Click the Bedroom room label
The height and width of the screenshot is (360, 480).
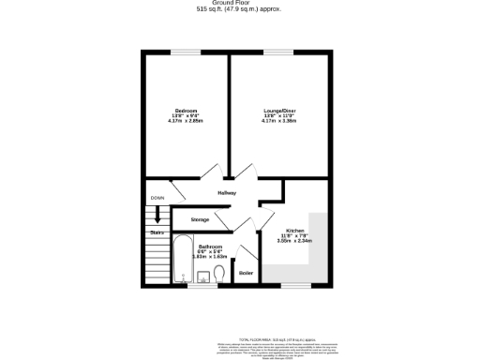point(185,110)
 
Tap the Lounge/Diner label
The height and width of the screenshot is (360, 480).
point(279,110)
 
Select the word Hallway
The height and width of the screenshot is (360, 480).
point(227,192)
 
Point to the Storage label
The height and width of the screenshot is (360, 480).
point(200,219)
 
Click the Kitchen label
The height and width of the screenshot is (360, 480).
point(294,230)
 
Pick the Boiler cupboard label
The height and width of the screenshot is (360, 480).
point(246,273)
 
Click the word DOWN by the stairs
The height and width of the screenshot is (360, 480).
point(157,198)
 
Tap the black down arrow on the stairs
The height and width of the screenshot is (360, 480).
point(157,215)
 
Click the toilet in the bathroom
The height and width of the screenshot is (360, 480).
point(218,273)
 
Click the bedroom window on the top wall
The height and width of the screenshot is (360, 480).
point(185,52)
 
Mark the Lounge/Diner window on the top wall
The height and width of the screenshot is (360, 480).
point(279,52)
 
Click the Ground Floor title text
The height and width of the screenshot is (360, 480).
point(239,3)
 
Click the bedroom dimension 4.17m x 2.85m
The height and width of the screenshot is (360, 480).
point(185,121)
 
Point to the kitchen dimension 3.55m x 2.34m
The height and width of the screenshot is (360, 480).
point(293,241)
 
